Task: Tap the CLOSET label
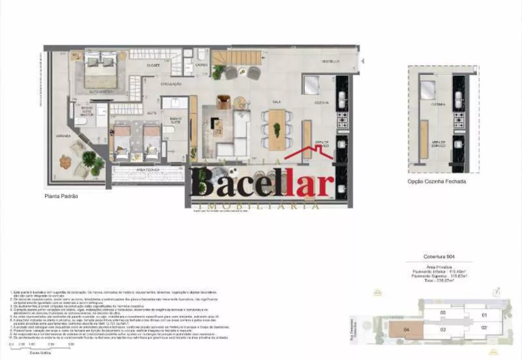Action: (153, 66)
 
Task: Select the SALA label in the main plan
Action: (270, 102)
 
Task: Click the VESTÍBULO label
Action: (331, 62)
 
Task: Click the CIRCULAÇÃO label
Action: (171, 84)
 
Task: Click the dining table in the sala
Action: (277, 129)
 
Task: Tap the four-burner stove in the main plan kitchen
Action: (343, 121)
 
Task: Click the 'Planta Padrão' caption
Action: (61, 196)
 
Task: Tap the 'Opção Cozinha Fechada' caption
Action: (436, 181)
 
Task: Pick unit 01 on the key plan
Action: (484, 315)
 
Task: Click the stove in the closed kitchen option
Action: (459, 120)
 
